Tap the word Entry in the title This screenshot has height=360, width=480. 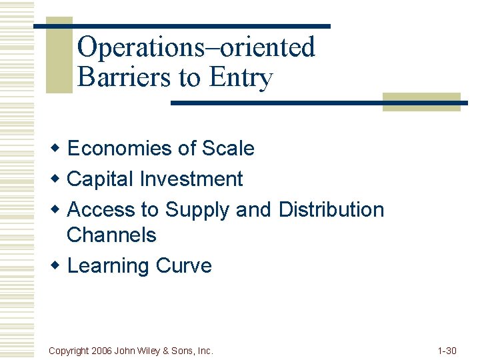pos(241,79)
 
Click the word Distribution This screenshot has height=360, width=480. pos(331,209)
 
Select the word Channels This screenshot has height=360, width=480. pos(111,235)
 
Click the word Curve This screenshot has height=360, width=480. pos(183,265)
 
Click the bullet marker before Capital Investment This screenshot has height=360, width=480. pos(57,179)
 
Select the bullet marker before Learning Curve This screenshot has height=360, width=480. pos(57,265)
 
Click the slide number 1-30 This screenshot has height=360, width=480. pos(446,350)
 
